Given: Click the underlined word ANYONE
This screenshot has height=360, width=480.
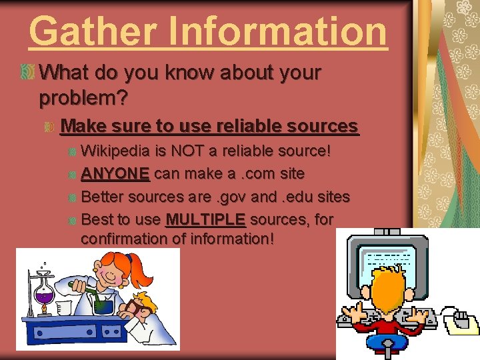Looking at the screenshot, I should pyautogui.click(x=115, y=173).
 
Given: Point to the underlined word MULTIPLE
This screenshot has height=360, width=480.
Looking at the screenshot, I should pyautogui.click(x=205, y=219).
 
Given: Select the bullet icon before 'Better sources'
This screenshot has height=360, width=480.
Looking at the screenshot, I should pyautogui.click(x=72, y=197).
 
